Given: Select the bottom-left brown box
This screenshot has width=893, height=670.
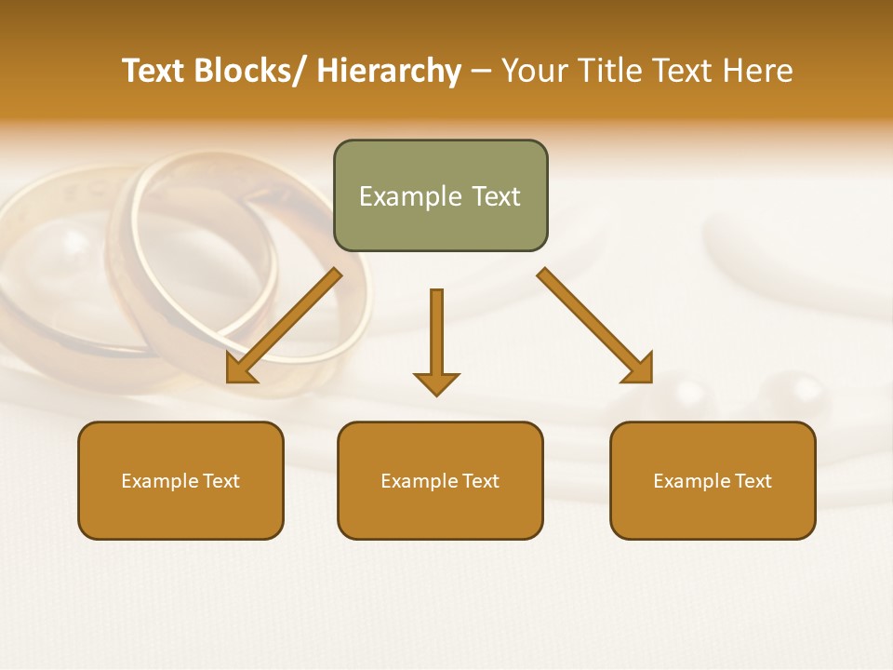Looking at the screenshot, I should pos(180,480).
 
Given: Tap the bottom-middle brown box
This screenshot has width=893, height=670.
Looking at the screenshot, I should pos(440,480).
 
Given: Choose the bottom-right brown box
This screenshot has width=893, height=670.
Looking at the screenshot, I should pos(713,480).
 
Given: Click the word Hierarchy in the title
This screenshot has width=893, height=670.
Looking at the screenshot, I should pos(388,71).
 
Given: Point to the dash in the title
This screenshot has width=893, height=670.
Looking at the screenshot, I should pos(481,72).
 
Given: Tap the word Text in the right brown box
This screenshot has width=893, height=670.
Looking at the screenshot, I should pos(752,480).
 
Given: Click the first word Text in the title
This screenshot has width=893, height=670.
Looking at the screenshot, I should pos(153,71).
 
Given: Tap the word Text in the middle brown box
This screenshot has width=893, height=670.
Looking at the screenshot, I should pos(479,480).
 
